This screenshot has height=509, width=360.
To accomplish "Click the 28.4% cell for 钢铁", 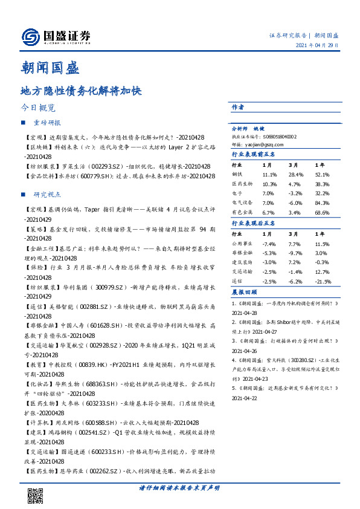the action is click(x=295, y=175).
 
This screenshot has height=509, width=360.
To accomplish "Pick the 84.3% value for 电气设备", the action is click(x=322, y=203).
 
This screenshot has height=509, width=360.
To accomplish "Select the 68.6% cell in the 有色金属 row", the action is click(x=322, y=212).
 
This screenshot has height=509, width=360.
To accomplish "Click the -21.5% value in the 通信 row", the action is click(x=323, y=281).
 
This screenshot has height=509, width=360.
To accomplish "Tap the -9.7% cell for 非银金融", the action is click(x=294, y=253).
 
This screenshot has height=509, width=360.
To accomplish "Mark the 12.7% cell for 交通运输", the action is click(x=322, y=271).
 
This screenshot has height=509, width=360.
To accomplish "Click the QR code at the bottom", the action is click(x=35, y=496).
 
